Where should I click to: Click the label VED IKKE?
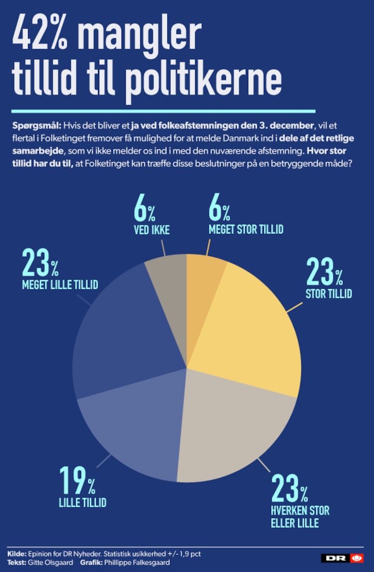(x=152, y=230)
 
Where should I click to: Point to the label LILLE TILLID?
(x=83, y=503)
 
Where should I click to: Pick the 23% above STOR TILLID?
(x=324, y=272)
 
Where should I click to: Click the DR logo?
(x=342, y=559)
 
